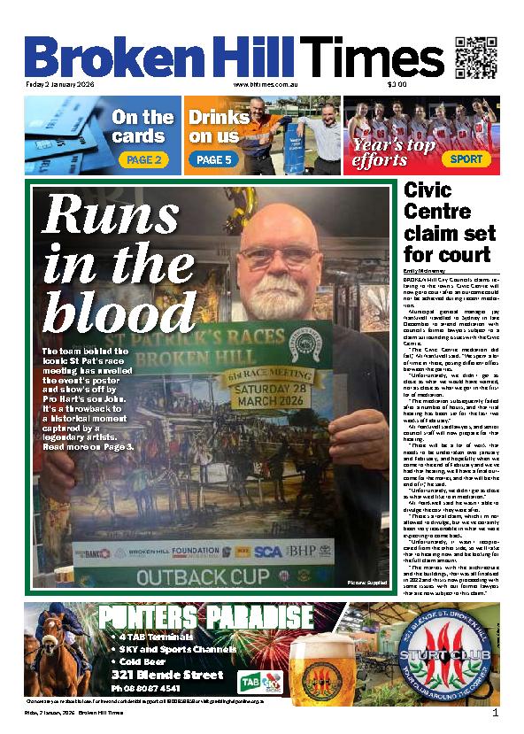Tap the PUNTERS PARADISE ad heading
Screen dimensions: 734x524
click(205, 617)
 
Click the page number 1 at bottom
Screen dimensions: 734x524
click(496, 713)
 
